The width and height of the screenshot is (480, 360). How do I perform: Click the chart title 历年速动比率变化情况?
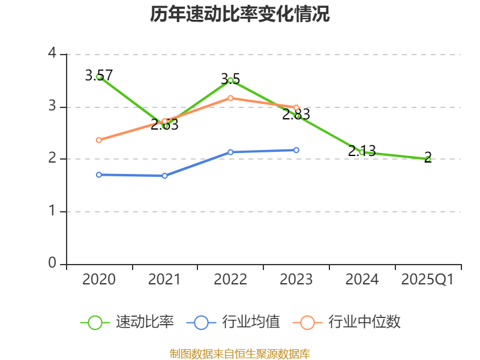[240, 14]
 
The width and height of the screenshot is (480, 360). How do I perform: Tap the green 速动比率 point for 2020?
[99, 77]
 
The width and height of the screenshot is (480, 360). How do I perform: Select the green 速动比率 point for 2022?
[230, 80]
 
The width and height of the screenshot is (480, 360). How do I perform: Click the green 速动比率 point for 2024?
[362, 152]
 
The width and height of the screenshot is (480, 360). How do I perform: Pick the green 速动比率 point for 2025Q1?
[427, 159]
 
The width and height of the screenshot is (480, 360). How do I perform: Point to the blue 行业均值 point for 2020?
[99, 175]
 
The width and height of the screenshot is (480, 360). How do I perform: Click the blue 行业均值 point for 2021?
[164, 176]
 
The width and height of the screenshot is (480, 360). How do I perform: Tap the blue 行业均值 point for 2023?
[296, 150]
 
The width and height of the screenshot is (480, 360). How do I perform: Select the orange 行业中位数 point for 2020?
[99, 140]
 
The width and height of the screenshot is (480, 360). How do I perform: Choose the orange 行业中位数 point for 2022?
[230, 98]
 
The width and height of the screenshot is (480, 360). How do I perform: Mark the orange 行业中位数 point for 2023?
[296, 107]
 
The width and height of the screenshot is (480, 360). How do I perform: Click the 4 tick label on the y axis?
[52, 54]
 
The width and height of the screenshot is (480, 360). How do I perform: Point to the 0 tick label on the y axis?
[52, 263]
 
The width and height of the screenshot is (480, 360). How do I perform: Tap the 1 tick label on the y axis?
[52, 211]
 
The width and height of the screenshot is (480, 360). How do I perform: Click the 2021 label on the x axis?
[164, 280]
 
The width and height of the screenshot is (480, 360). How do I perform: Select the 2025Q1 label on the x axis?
[427, 280]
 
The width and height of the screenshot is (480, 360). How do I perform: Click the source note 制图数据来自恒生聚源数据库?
[240, 353]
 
